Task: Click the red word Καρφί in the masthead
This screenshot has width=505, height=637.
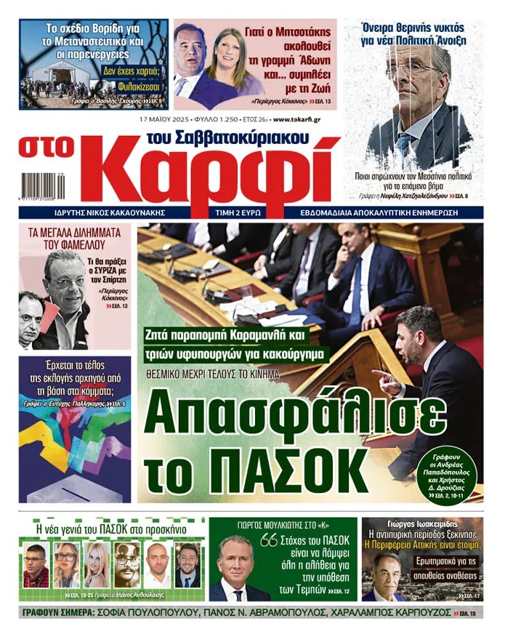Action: (218, 173)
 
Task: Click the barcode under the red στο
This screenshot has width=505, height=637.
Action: (43, 185)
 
